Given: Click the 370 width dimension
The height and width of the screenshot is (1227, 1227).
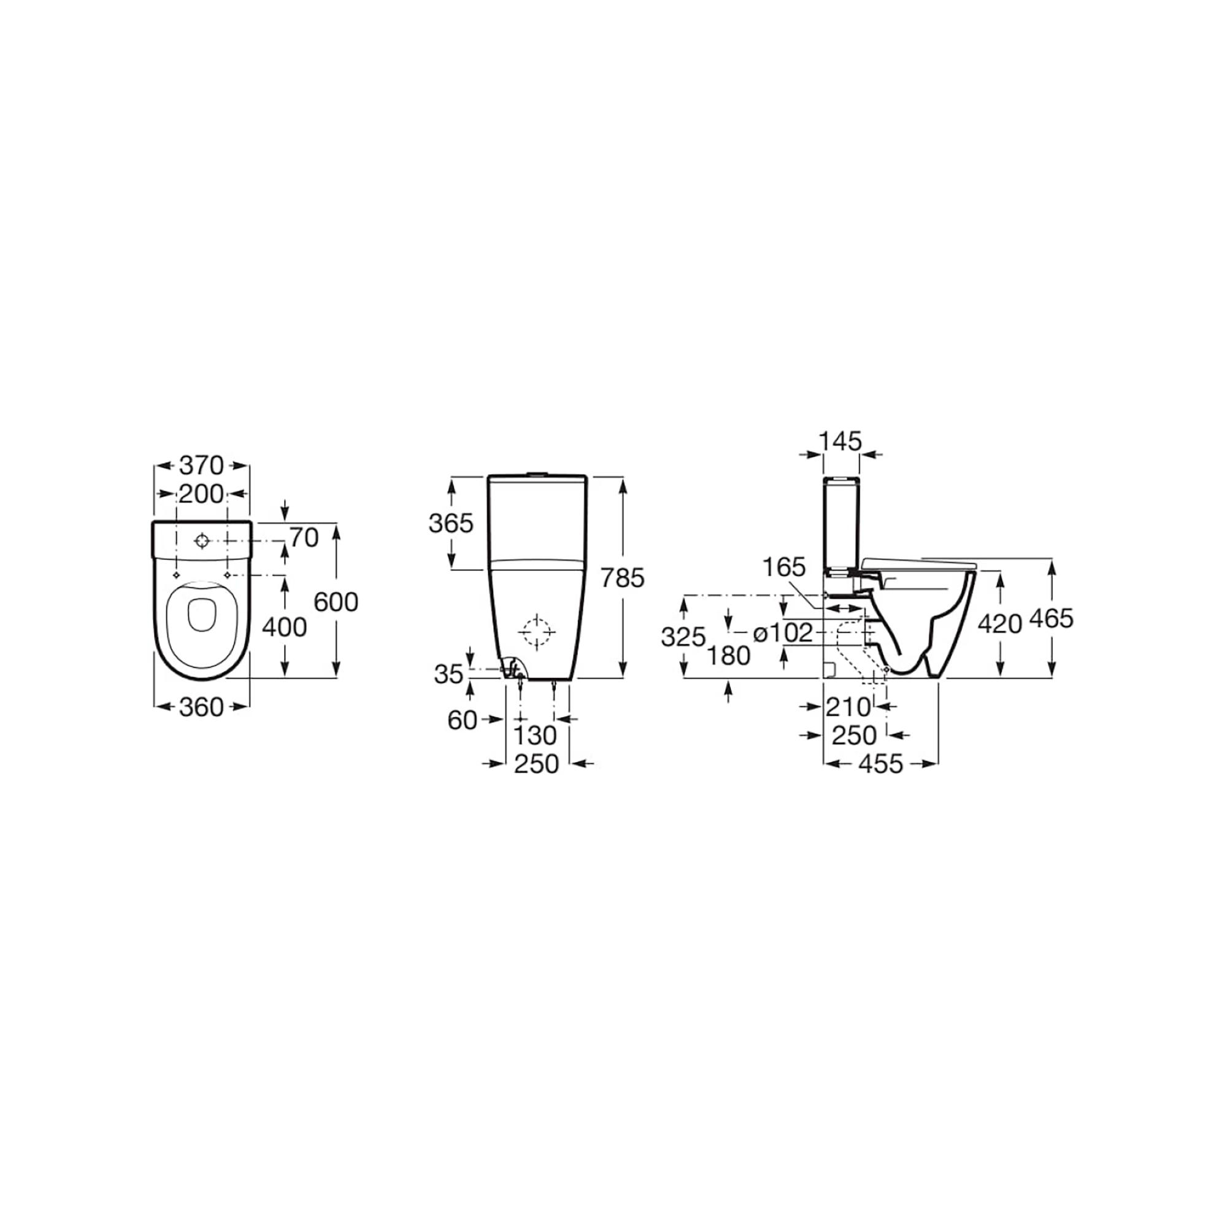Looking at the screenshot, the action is click(201, 466).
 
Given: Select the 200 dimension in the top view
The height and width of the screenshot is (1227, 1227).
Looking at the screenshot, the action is click(201, 493).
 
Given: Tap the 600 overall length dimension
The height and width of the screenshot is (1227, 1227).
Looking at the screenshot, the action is click(336, 601).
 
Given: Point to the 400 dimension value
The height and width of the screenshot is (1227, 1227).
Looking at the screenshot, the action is click(285, 628).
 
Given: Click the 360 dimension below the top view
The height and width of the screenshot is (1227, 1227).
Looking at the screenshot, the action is click(201, 707).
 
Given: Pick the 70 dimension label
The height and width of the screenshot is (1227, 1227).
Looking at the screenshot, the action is click(304, 538).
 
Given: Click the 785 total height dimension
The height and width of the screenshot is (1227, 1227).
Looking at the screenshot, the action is click(622, 577).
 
